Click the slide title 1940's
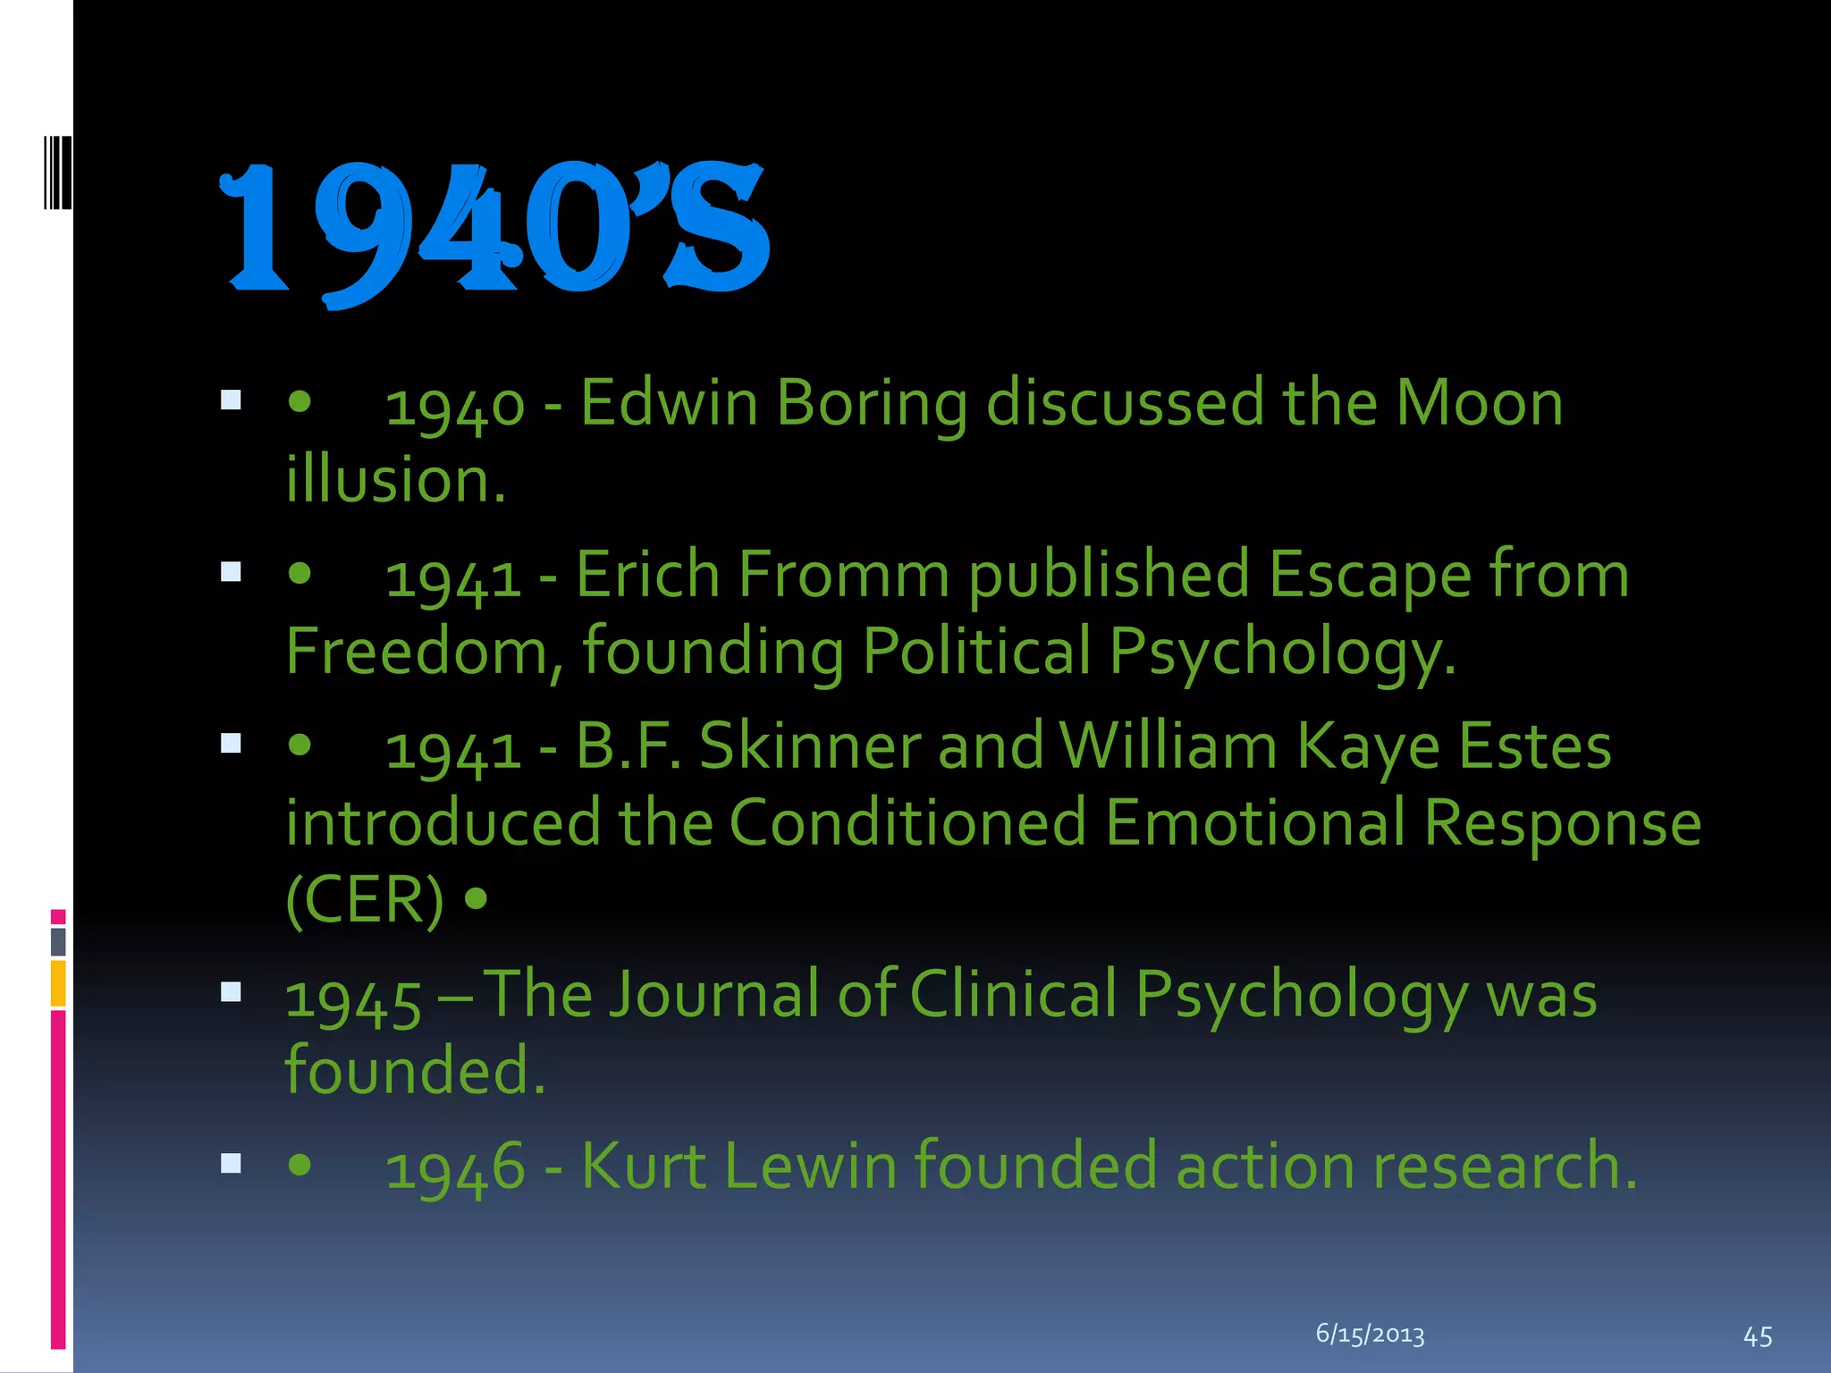[494, 231]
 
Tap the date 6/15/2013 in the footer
[1370, 1335]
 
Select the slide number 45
[1758, 1336]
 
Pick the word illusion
[395, 480]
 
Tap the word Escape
[1369, 575]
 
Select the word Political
[976, 652]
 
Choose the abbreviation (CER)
[364, 900]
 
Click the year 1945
[353, 999]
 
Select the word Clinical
[1014, 995]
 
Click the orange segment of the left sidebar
[58, 983]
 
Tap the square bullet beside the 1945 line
[231, 991]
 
